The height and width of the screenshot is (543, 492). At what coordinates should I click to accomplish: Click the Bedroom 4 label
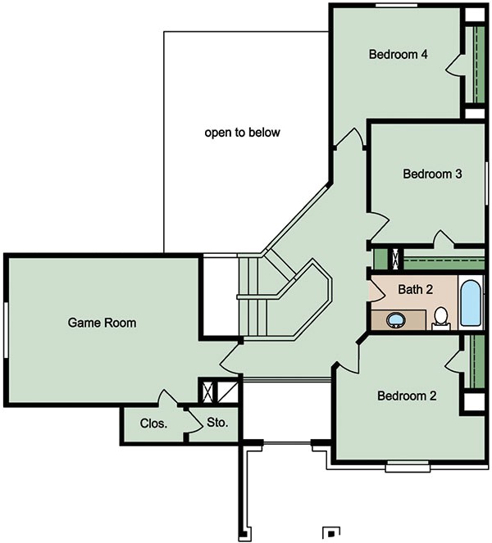pos(399,56)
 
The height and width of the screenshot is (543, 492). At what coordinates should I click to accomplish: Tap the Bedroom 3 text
pos(433,174)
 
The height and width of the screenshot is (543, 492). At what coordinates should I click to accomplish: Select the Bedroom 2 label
pos(407,396)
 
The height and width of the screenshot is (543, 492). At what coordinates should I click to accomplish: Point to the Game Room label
pos(102,323)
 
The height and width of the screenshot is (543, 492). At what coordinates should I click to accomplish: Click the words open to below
pos(243,132)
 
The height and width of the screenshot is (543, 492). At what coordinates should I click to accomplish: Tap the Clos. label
pos(154,423)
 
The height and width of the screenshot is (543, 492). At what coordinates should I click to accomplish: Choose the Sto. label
pos(217,423)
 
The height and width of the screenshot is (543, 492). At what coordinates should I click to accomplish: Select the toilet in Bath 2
pos(440,317)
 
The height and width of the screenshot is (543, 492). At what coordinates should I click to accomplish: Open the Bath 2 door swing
pos(377,288)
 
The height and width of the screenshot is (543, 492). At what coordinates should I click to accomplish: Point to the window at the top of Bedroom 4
pos(399,5)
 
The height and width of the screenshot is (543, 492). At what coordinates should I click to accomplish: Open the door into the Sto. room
pos(197,419)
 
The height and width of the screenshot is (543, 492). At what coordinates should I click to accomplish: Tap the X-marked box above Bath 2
pos(397,259)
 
